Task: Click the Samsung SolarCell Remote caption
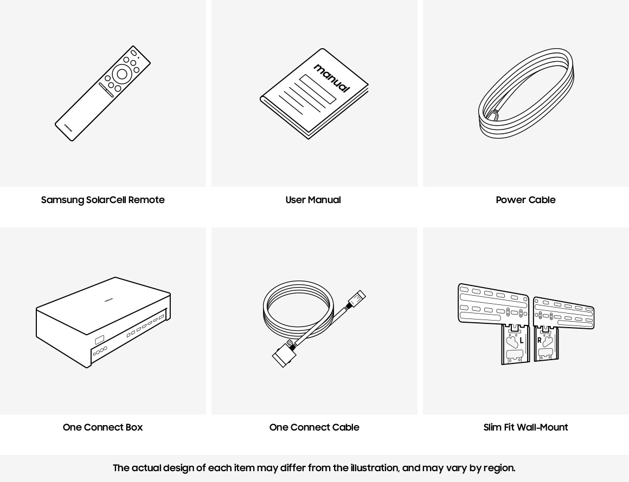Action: (x=103, y=200)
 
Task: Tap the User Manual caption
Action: (x=313, y=200)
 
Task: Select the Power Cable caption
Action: (x=525, y=200)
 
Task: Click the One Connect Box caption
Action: (x=102, y=427)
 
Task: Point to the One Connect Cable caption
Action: (x=314, y=427)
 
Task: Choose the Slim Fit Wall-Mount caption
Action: (x=525, y=427)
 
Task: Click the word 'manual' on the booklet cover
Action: (x=332, y=78)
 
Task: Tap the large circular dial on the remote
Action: (x=122, y=74)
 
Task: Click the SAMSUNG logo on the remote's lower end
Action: (x=68, y=127)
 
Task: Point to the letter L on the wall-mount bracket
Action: (x=522, y=341)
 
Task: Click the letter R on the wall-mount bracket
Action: (x=539, y=341)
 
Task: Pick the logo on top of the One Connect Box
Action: (x=108, y=298)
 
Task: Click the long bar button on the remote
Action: (x=106, y=90)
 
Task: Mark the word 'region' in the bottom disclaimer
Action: (x=498, y=468)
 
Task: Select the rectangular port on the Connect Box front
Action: (x=99, y=340)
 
